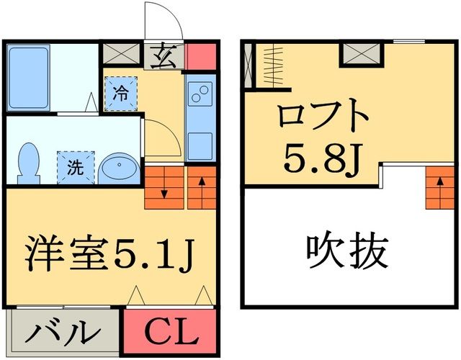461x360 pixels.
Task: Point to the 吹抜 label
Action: (x=348, y=252)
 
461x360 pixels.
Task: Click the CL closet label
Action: (x=171, y=333)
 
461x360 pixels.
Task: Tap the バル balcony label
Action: (x=64, y=333)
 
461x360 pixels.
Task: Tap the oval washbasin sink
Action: (x=117, y=167)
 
